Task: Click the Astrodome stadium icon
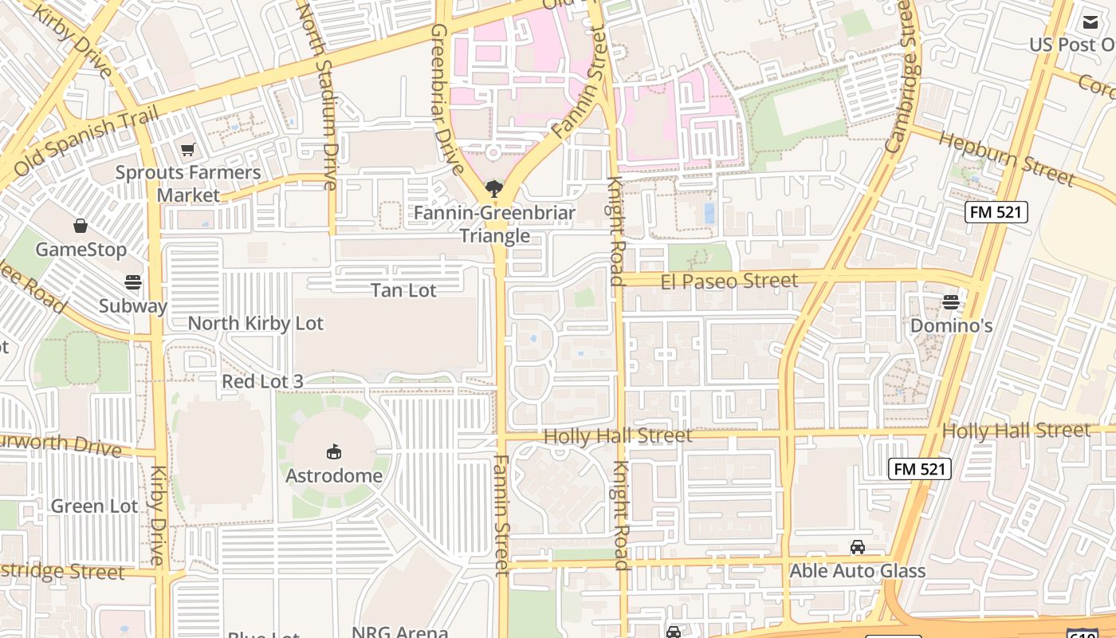click(334, 452)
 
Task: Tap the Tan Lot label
click(403, 290)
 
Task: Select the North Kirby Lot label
click(255, 323)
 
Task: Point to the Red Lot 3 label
click(262, 381)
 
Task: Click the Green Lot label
click(94, 506)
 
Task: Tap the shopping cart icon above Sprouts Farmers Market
click(188, 149)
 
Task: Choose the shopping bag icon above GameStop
click(81, 226)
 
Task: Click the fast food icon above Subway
click(133, 282)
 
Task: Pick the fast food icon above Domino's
click(950, 301)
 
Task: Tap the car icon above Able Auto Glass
click(858, 547)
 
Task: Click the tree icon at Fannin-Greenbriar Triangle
click(494, 189)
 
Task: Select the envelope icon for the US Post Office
click(1090, 22)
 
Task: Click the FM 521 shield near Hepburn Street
click(996, 212)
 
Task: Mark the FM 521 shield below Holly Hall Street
click(919, 469)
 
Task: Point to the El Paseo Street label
click(729, 281)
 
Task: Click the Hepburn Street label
click(1006, 158)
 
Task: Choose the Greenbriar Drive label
click(446, 98)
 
